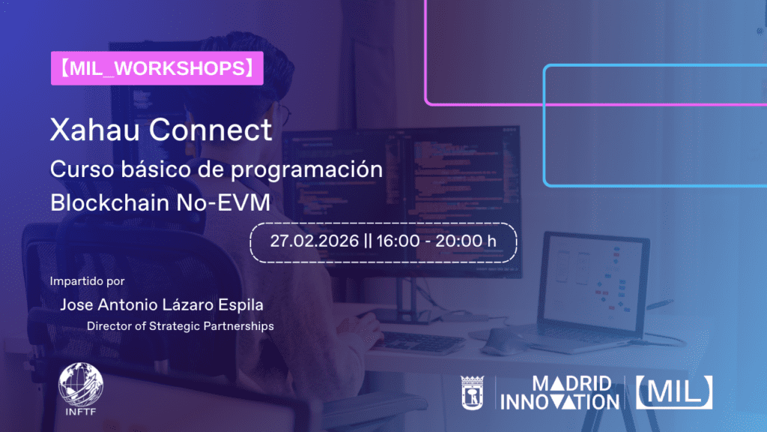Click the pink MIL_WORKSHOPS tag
(157, 68)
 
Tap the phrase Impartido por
(87, 282)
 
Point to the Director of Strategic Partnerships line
(180, 326)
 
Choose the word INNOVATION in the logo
(560, 402)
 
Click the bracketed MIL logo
(673, 392)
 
